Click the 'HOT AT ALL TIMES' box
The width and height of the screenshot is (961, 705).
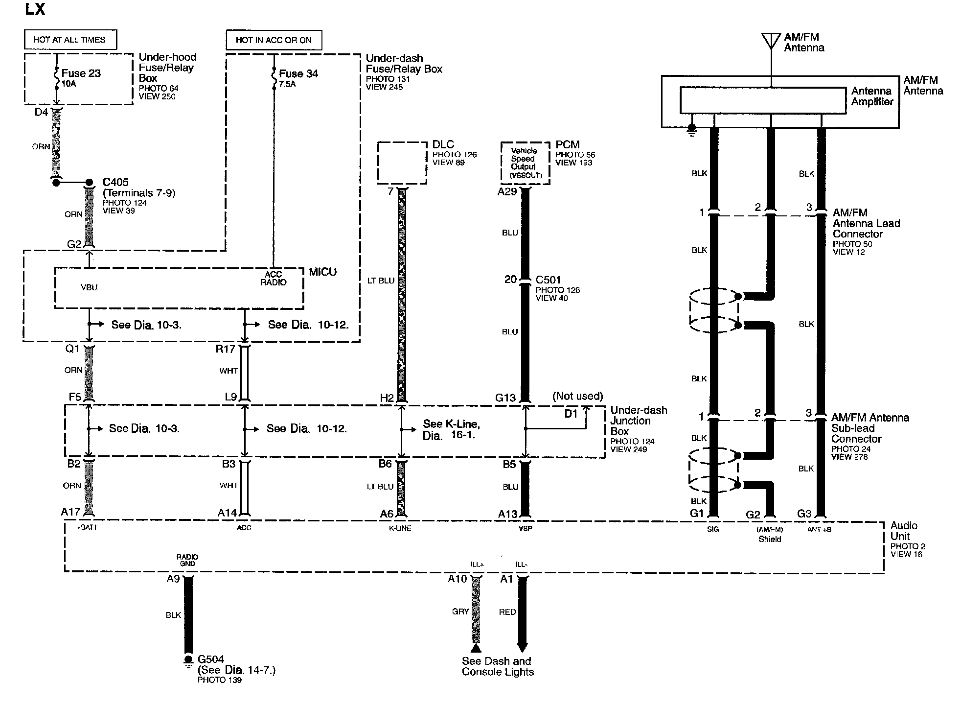click(x=70, y=40)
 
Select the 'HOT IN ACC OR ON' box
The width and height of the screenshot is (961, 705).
click(x=274, y=40)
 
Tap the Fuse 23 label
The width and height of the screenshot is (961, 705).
click(x=81, y=73)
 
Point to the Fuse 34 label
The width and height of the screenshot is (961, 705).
click(x=298, y=74)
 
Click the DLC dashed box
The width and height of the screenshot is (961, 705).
click(x=402, y=163)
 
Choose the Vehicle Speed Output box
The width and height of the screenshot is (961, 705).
click(x=525, y=163)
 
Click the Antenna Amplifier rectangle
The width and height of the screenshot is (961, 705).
click(x=762, y=100)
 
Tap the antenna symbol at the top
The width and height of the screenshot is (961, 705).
click(x=771, y=40)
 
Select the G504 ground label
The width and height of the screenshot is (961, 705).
click(x=211, y=659)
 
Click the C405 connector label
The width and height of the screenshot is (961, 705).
click(x=115, y=182)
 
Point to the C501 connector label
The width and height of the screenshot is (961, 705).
click(x=548, y=280)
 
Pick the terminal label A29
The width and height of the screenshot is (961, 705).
click(x=507, y=192)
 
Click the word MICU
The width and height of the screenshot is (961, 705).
click(x=322, y=272)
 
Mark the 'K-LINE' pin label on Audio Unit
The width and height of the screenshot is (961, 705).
click(x=400, y=528)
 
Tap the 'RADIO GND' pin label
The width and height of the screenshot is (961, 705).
click(x=187, y=560)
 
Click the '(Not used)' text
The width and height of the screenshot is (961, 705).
click(x=577, y=396)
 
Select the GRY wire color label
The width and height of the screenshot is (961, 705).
click(x=460, y=611)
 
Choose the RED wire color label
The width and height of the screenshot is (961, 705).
click(x=507, y=612)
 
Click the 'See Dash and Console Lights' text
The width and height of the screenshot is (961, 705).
click(x=497, y=666)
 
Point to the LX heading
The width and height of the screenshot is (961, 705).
click(x=35, y=9)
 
